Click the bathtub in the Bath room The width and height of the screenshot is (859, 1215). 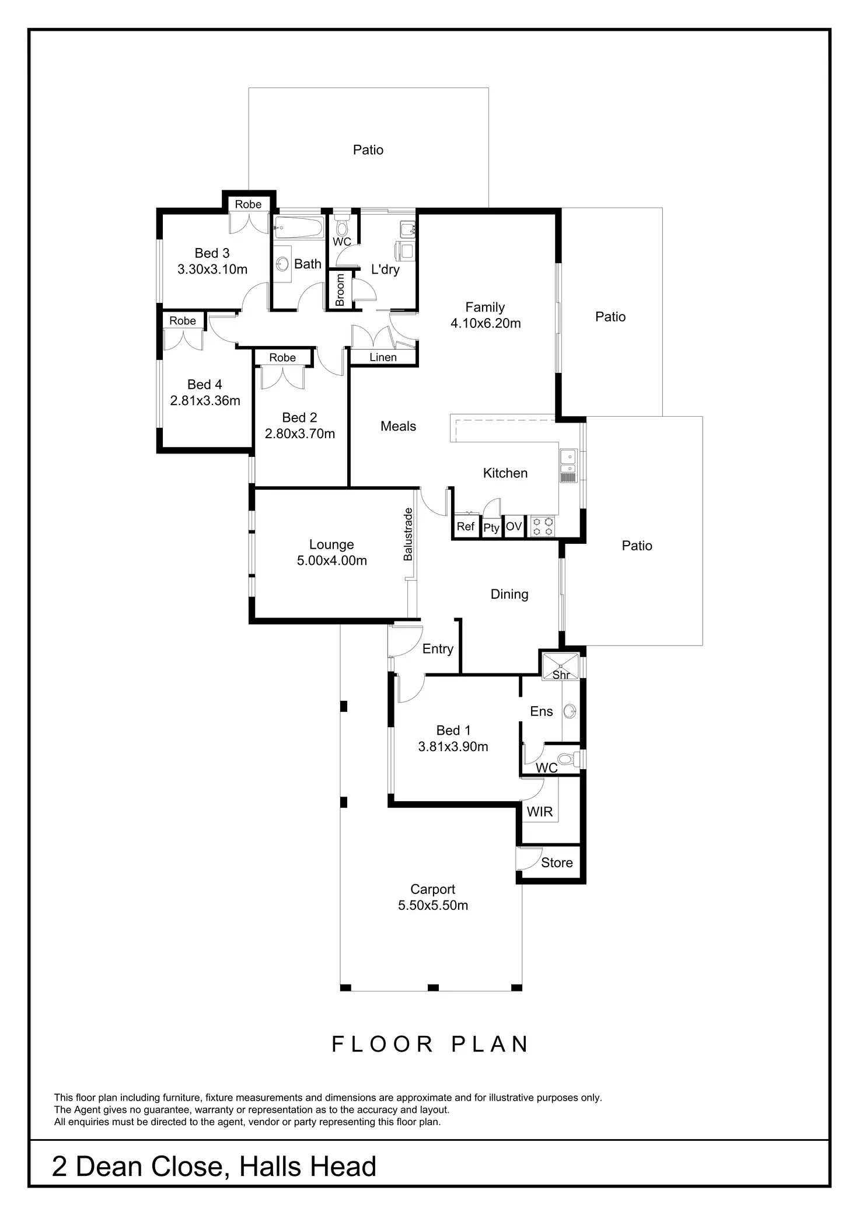(298, 228)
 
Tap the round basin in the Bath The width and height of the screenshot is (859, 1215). (283, 264)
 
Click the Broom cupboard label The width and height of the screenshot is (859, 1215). (340, 289)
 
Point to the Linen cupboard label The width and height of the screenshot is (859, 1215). (383, 358)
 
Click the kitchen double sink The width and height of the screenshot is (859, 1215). (568, 461)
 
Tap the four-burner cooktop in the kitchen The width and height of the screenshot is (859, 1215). (543, 526)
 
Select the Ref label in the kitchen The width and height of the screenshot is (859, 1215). (465, 526)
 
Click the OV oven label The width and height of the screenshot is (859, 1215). (514, 526)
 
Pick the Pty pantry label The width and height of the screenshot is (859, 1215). (491, 528)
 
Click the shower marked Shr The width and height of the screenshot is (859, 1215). (561, 666)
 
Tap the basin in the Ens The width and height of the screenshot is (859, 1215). (570, 711)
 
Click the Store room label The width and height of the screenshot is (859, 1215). (557, 863)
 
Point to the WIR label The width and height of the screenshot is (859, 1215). (539, 812)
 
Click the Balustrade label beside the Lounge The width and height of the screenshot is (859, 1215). (408, 535)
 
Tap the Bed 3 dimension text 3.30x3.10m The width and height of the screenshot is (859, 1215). (212, 270)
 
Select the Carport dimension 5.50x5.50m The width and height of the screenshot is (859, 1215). (433, 906)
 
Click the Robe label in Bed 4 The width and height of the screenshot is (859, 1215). (183, 321)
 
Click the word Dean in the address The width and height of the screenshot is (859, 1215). (110, 1167)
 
